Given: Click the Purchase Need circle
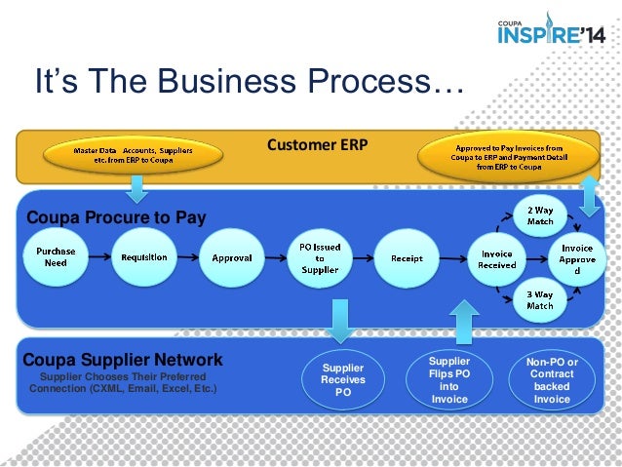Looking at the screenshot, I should (x=56, y=257).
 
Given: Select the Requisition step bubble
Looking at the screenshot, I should (x=143, y=257).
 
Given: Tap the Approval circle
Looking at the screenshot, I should (x=231, y=258).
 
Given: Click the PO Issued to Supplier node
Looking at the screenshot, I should (x=319, y=258).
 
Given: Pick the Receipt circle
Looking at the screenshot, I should (x=407, y=258).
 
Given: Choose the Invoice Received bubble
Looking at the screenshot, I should (x=497, y=258).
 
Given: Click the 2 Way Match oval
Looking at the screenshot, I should (x=540, y=215).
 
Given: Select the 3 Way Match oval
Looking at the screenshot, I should (x=540, y=300).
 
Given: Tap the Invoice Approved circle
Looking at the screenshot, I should (x=577, y=259).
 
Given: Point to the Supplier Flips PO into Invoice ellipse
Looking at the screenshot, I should (x=448, y=379).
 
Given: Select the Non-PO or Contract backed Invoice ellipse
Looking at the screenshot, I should (x=552, y=379).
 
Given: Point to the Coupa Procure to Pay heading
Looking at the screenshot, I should (x=116, y=217).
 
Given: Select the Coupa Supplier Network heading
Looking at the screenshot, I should (x=123, y=359).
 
